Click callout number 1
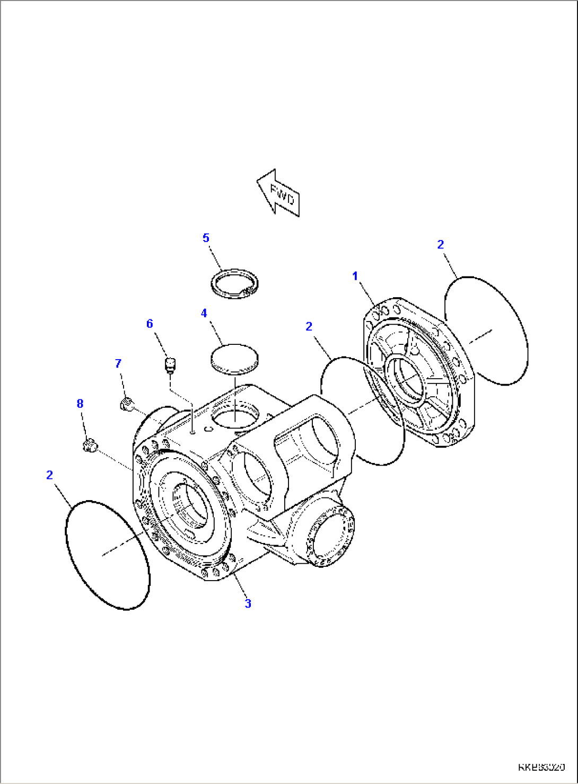[355, 276]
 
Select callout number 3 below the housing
[248, 603]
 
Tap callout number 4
[204, 314]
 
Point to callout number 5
[206, 238]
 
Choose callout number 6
[150, 324]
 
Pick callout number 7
[118, 363]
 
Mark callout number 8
[80, 404]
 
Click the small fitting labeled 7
[126, 405]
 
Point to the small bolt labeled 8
[89, 446]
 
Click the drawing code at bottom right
[541, 767]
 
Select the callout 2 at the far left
[50, 475]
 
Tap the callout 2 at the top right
[440, 245]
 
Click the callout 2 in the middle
[309, 327]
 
